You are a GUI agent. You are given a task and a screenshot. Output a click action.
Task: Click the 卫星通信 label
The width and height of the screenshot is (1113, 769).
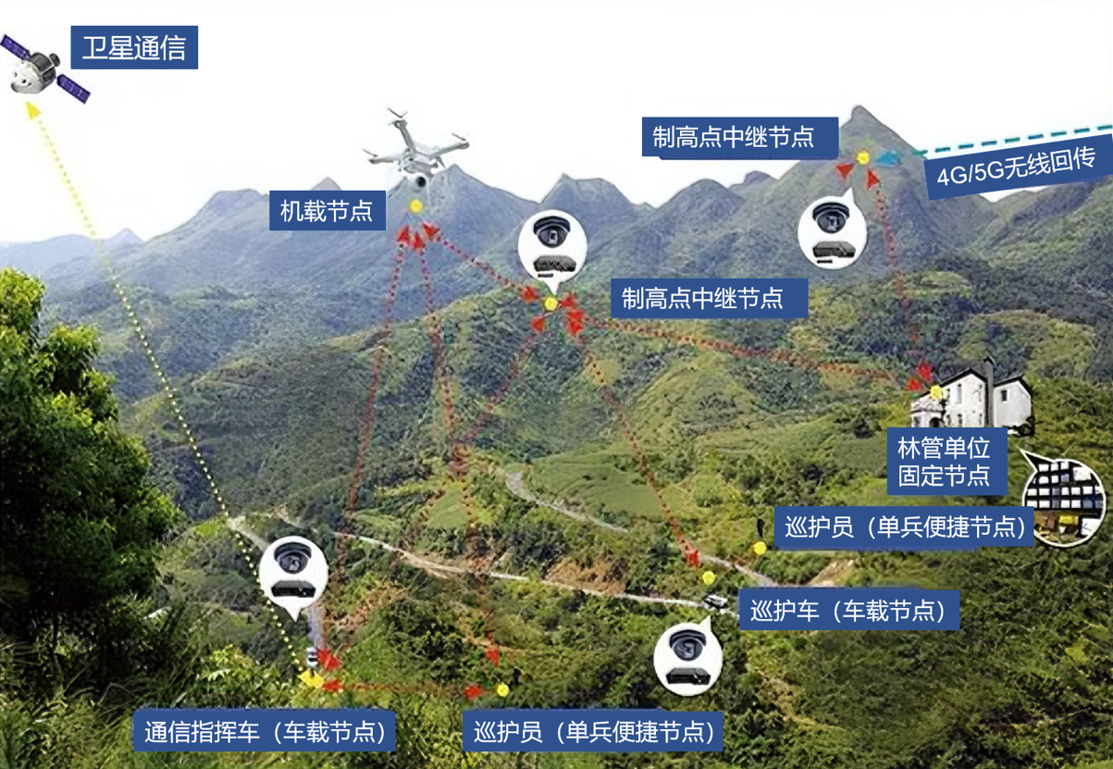click(x=134, y=47)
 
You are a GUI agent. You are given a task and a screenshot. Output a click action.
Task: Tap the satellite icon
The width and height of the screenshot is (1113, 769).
click(x=43, y=69)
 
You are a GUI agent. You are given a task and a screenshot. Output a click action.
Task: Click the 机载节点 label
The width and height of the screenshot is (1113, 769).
click(x=327, y=212)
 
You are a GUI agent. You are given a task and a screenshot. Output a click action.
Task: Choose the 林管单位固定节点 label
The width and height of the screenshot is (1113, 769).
click(x=944, y=463)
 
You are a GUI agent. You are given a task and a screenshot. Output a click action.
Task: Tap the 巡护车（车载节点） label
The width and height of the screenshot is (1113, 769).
click(x=848, y=611)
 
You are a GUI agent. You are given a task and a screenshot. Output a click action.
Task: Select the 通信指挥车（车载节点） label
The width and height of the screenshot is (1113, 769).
click(x=266, y=731)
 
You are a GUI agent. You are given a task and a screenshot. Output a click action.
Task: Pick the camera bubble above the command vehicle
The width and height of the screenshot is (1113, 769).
click(x=293, y=570)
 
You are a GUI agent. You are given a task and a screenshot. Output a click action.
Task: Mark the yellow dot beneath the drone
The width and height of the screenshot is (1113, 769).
click(x=416, y=205)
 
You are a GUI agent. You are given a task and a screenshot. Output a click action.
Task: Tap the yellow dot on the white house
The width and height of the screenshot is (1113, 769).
click(x=936, y=392)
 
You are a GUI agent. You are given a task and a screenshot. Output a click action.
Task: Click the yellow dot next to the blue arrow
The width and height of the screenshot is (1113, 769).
click(x=863, y=157)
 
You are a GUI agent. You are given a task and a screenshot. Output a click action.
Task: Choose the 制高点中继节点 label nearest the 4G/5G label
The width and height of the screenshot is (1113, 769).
click(x=733, y=137)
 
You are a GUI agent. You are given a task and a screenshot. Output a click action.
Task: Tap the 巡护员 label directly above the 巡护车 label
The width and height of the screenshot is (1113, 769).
click(x=904, y=527)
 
